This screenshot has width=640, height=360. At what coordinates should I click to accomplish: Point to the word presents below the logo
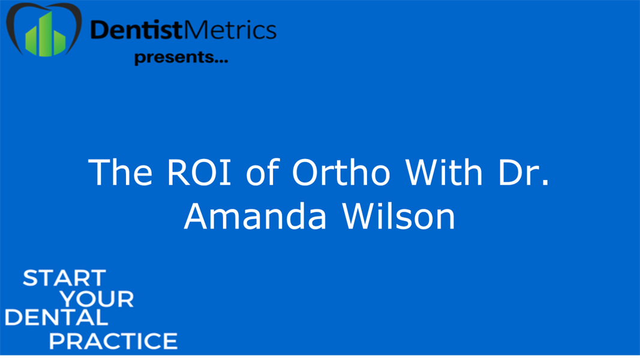[x=172, y=58]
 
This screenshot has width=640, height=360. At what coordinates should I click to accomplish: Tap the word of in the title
[x=263, y=173]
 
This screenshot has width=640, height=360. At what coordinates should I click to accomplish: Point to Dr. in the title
[x=521, y=173]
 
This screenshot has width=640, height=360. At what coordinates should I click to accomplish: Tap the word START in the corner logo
[x=64, y=278]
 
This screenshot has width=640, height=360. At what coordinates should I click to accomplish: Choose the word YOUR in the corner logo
[x=98, y=298]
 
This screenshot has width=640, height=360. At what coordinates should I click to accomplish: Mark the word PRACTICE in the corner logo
[x=113, y=340]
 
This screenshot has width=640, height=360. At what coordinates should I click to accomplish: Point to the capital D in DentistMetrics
[x=100, y=29]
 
